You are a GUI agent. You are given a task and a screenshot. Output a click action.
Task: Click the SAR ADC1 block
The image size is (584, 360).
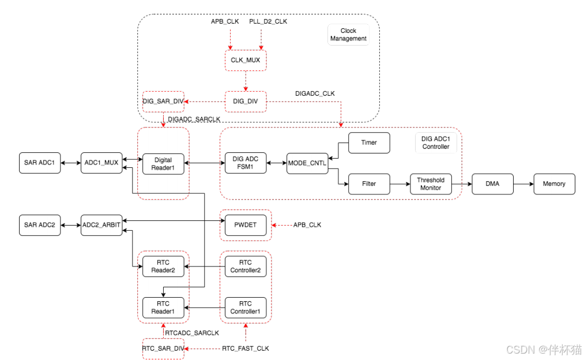click(x=39, y=163)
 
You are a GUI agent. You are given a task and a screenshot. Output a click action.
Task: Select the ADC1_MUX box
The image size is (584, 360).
click(x=101, y=163)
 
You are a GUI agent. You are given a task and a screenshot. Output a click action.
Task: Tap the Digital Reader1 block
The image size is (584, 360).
click(x=163, y=163)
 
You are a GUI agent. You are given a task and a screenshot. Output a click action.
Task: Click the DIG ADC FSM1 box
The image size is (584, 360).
click(x=246, y=163)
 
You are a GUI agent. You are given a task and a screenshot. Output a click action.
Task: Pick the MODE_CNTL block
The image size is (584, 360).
click(x=307, y=163)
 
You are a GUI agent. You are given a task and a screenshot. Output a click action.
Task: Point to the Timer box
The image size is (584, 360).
click(x=369, y=142)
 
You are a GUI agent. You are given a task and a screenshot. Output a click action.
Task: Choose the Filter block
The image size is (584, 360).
click(x=369, y=184)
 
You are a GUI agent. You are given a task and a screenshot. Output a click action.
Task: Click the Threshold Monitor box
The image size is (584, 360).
click(x=431, y=184)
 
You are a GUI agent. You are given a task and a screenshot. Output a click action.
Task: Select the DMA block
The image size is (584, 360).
click(x=493, y=184)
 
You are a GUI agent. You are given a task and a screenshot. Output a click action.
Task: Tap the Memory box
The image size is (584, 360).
click(x=554, y=184)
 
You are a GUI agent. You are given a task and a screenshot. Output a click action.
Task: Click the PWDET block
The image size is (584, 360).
click(x=246, y=225)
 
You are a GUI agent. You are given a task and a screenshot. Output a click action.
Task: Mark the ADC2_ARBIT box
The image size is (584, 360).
click(x=101, y=225)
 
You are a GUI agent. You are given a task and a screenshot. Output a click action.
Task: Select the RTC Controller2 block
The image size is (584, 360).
click(x=246, y=267)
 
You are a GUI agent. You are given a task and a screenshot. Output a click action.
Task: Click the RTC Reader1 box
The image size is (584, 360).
click(x=163, y=307)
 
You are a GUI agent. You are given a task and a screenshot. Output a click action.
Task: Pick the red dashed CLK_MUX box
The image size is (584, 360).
click(x=246, y=59)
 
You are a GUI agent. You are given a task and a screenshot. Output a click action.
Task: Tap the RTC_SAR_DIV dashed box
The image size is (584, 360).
click(x=163, y=348)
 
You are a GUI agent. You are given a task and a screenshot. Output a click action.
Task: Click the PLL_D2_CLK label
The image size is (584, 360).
click(x=268, y=21)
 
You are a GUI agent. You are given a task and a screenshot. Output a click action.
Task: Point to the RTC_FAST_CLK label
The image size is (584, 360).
click(x=246, y=348)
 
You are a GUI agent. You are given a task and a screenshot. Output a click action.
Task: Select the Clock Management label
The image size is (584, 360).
click(x=348, y=35)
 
